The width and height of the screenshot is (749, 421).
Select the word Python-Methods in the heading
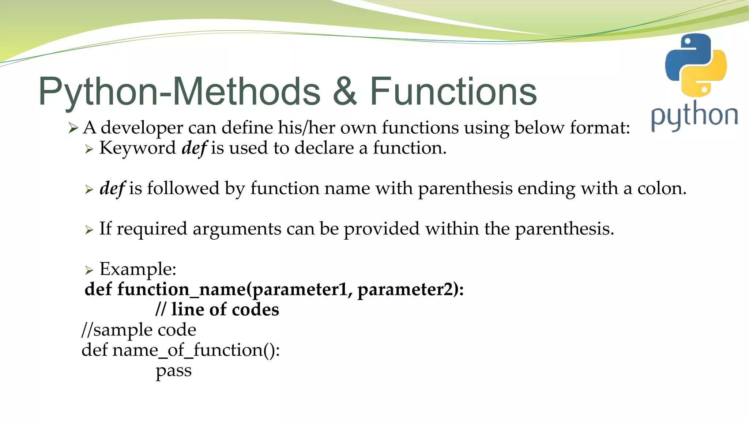tap(179, 92)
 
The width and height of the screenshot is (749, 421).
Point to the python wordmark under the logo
tap(694, 116)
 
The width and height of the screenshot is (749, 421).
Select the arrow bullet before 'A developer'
tap(73, 128)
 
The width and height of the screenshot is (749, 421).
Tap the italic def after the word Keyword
tap(194, 148)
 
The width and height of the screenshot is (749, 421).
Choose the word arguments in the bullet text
tap(236, 229)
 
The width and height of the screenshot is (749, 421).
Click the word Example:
tap(138, 269)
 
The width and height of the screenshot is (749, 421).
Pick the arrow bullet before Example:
tap(89, 270)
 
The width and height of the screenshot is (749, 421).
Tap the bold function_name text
tap(181, 289)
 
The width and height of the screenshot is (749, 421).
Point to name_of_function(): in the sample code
tap(196, 350)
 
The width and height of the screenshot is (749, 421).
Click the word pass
tap(174, 371)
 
